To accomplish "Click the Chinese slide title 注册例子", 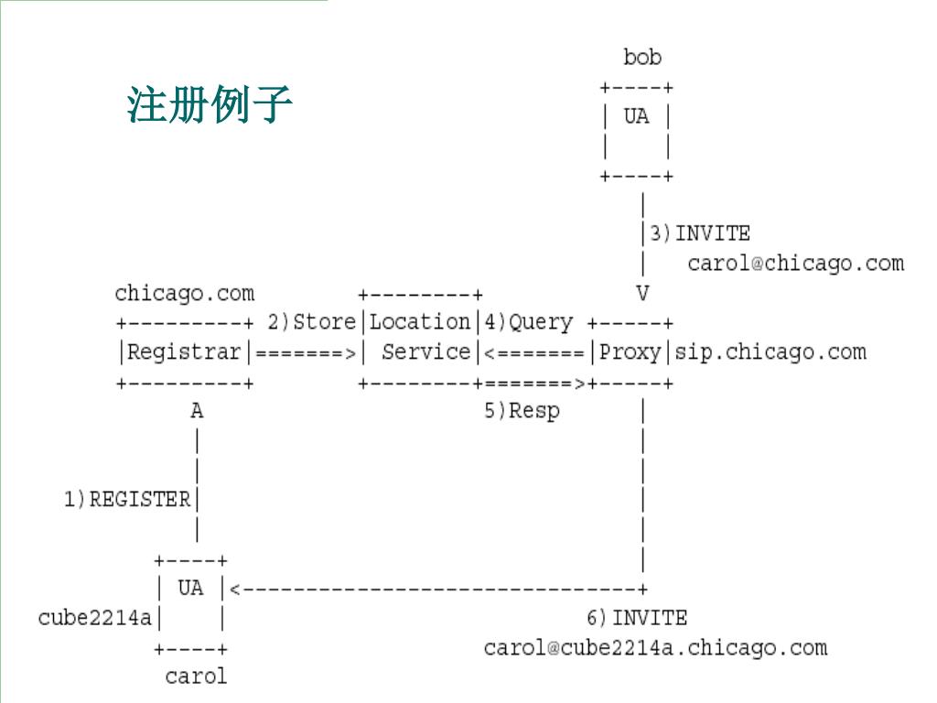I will (x=210, y=105).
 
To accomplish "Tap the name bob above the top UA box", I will (x=642, y=58).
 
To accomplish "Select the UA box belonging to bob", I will (x=637, y=132).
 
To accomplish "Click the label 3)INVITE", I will (x=700, y=233).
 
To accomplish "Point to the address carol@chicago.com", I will (x=795, y=264).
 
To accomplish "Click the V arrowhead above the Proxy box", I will (x=642, y=294).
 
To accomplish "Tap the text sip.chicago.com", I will (x=770, y=352).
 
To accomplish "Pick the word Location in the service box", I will (x=420, y=322).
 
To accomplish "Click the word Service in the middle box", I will (x=425, y=352).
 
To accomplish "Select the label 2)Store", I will (x=311, y=322).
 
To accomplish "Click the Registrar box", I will (x=185, y=352).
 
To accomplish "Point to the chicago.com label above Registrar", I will (x=185, y=294).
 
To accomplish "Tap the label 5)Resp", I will (x=522, y=411).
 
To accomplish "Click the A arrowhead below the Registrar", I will (x=197, y=412).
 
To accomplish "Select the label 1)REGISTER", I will (x=127, y=500).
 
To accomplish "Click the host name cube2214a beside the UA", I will (x=95, y=618).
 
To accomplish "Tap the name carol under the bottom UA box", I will (x=196, y=677).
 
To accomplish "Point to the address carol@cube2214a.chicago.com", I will (x=655, y=648).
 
